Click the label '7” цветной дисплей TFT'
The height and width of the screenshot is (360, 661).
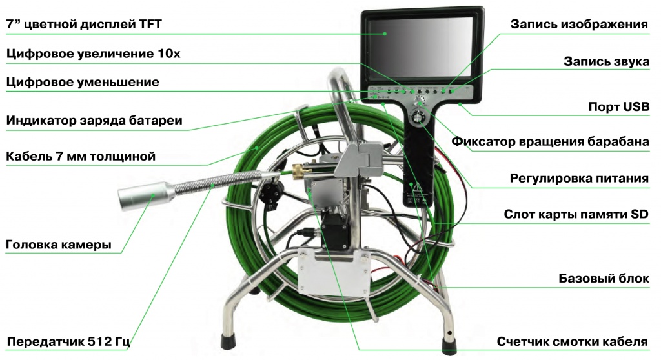[84, 24]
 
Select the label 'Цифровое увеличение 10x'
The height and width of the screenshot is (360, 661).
[93, 54]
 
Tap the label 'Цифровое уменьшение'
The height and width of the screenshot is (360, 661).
[83, 82]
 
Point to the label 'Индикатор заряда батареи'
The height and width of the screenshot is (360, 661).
[94, 121]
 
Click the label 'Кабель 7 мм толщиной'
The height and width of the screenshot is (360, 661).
[81, 156]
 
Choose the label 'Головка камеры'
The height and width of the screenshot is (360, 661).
[59, 245]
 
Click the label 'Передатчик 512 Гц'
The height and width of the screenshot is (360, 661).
[68, 341]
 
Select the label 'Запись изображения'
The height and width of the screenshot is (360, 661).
[579, 24]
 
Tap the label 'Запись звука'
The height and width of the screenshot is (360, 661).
[607, 61]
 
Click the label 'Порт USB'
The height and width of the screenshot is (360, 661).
[619, 106]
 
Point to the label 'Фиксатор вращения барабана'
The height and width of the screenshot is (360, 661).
[550, 141]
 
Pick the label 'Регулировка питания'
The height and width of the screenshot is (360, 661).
[579, 178]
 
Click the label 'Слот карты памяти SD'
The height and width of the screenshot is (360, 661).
[576, 214]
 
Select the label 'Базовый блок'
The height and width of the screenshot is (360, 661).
[604, 278]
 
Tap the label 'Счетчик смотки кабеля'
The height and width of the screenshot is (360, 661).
[572, 341]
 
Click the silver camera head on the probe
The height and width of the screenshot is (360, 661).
[146, 195]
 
